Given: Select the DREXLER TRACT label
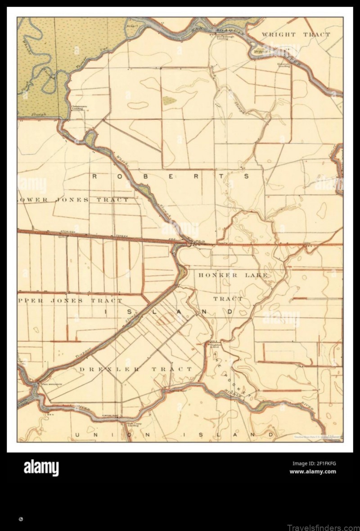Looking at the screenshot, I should coord(136,369).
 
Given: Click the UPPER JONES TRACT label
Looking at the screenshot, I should coord(70,300).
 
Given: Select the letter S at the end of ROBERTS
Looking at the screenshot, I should coord(246,176).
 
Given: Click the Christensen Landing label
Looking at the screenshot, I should coord(77,108).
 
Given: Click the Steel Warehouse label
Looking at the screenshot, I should coord(50,384).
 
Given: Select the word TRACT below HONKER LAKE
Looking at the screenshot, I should coord(228,299).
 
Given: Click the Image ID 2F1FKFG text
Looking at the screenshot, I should coord(314,463).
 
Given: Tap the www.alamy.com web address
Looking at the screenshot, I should coord(313,472).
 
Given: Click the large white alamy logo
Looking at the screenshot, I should coord(41,468).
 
